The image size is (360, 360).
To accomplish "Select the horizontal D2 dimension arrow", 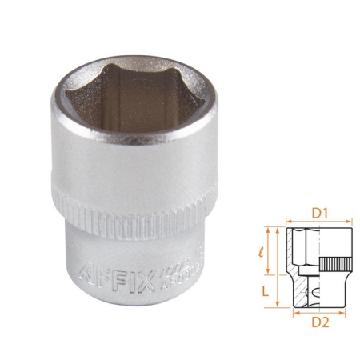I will (x=318, y=312).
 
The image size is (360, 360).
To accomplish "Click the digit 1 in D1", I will (x=325, y=214).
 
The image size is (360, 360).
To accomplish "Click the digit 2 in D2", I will (x=326, y=322).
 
